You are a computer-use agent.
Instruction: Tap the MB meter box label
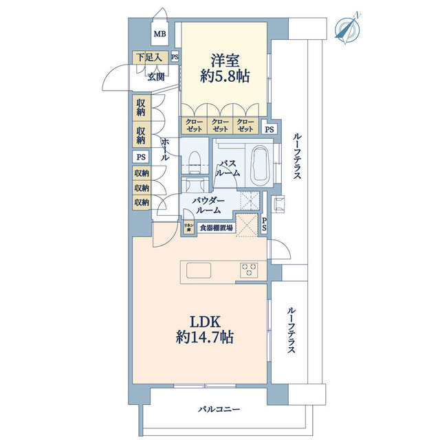(159, 34)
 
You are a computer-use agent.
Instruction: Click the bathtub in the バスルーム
(259, 166)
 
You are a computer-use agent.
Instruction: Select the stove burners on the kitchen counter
(248, 268)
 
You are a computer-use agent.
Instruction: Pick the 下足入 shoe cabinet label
(148, 58)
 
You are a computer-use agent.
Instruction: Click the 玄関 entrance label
(155, 76)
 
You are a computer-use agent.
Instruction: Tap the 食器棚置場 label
(216, 228)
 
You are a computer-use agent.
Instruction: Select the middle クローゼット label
(220, 125)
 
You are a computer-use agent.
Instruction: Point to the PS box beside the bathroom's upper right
(270, 129)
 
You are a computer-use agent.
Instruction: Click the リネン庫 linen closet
(188, 228)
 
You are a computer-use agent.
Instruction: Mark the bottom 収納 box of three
(142, 202)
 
